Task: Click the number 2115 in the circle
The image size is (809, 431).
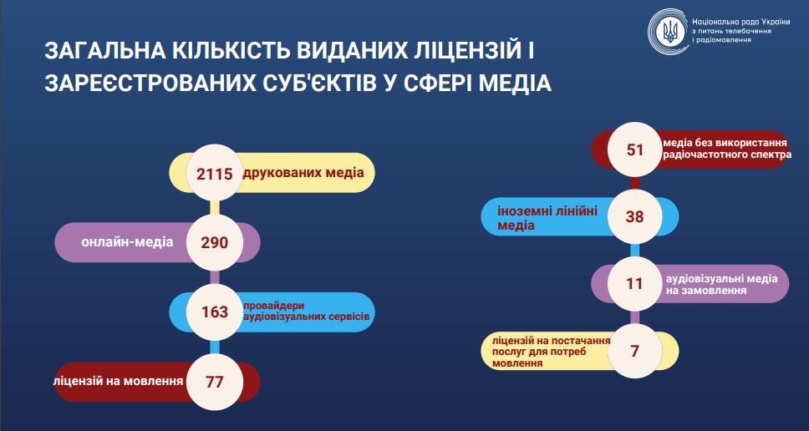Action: [x=215, y=174]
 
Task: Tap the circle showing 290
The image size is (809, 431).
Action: [x=215, y=242]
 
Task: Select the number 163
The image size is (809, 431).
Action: [x=215, y=312]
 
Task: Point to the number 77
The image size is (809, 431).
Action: [x=215, y=382]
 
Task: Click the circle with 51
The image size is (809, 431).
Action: [x=634, y=150]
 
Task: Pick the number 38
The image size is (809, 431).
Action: [x=634, y=216]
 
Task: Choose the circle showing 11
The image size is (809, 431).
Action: [x=634, y=284]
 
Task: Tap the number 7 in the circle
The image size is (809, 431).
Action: [x=634, y=351]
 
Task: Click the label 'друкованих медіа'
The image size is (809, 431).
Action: [x=303, y=173]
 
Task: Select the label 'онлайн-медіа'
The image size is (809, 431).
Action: [x=127, y=241]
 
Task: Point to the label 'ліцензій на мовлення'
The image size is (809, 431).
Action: [x=119, y=382]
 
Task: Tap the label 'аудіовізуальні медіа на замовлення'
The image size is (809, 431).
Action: [x=722, y=284]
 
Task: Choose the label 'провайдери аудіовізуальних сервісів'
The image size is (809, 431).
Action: [x=307, y=310]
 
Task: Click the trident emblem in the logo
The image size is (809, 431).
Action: [x=671, y=32]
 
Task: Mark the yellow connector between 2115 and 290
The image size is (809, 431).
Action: [x=215, y=208]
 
